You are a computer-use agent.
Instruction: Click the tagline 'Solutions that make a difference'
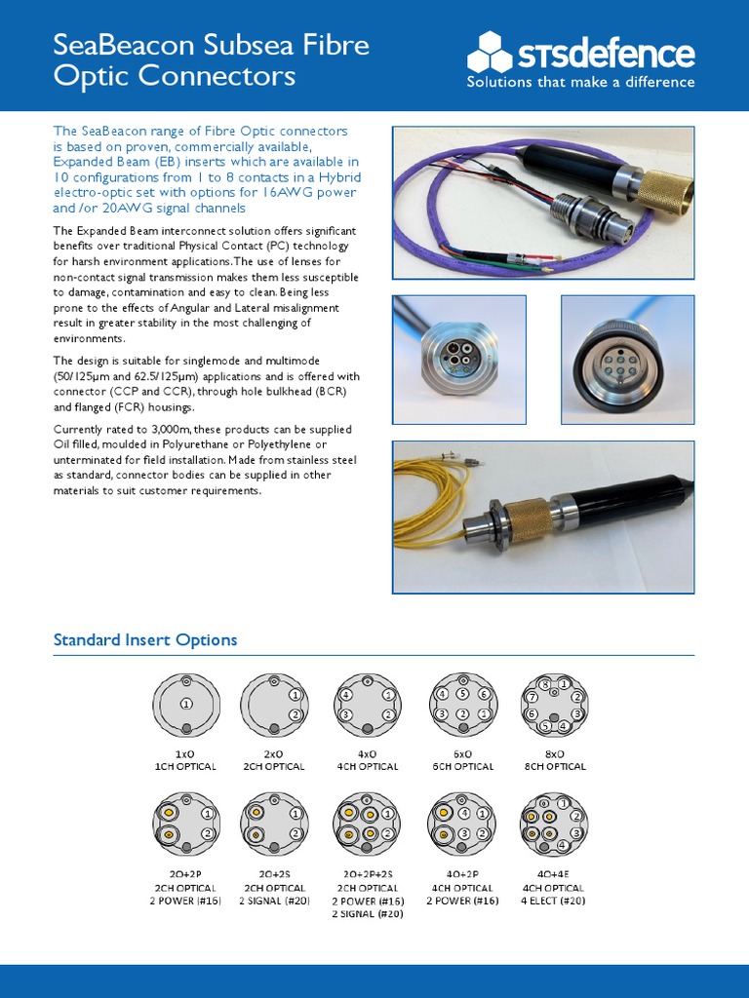(580, 83)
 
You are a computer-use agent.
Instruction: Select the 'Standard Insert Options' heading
(144, 640)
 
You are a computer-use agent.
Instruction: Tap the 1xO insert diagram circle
(185, 705)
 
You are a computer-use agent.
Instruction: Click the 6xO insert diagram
(463, 705)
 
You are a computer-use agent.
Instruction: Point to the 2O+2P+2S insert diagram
(371, 825)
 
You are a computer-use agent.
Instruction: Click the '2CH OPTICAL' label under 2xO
(278, 767)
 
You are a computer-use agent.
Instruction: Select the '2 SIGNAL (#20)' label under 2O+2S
(278, 902)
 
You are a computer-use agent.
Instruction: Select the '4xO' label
(371, 753)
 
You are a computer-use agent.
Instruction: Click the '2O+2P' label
(185, 875)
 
